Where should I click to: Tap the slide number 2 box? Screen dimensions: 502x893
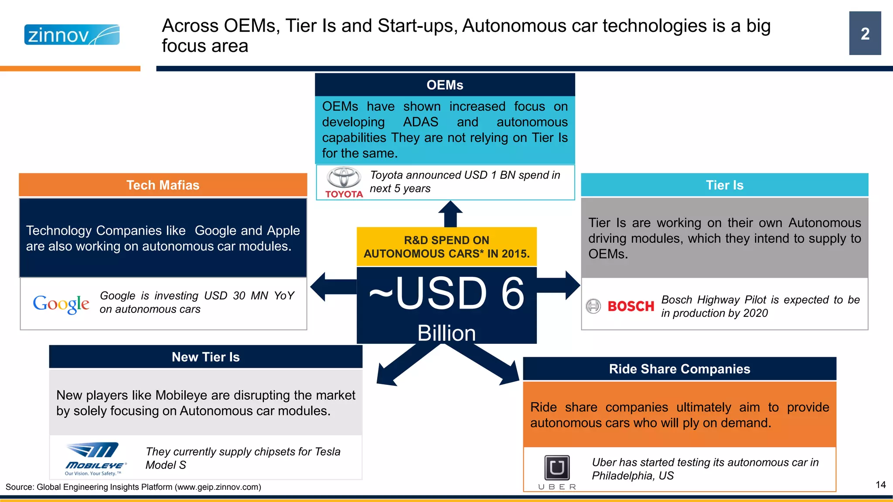865,34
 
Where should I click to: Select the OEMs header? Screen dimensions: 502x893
445,85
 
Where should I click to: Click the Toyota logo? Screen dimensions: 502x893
344,183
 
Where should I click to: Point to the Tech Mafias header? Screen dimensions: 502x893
163,185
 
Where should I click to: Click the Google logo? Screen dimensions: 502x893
61,304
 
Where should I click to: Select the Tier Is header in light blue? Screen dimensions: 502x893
724,185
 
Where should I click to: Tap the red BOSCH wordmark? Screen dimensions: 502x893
631,306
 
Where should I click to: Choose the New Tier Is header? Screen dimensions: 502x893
205,357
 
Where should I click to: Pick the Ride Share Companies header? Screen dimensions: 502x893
679,369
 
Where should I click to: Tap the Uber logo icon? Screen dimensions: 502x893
557,468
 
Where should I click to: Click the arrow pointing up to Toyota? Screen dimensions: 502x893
450,214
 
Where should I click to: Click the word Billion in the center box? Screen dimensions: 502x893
446,333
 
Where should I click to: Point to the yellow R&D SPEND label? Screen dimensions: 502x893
446,247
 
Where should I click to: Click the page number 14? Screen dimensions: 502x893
880,485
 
